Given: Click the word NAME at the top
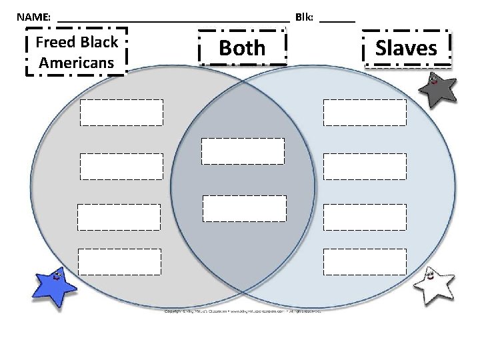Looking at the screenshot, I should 33,16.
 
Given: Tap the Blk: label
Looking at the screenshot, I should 305,16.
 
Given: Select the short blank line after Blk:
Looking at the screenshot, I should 337,19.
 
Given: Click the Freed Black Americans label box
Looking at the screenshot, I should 76,52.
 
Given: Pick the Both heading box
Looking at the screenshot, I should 242,48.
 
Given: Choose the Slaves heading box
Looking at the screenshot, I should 407,48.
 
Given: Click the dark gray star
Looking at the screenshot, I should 437,89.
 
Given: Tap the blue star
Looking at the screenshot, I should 54,287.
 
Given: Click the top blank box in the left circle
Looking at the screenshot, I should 121,113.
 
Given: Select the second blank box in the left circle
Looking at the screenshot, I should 121,167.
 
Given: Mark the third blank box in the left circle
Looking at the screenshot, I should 119,217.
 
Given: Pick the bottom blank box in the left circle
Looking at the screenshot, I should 119,261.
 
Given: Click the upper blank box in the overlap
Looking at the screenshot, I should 243,151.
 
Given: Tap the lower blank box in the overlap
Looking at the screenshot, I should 244,208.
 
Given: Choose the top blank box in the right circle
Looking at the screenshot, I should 365,113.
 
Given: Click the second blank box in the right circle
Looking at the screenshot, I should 365,167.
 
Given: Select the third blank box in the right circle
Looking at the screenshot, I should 365,217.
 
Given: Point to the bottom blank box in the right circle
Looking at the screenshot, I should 365,261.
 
